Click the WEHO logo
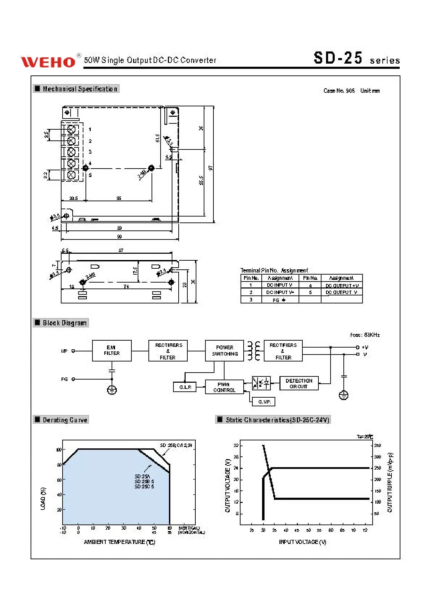[x=48, y=62]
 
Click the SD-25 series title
[x=356, y=58]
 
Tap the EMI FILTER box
[x=112, y=350]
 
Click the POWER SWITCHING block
[x=224, y=350]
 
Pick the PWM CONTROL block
[x=224, y=387]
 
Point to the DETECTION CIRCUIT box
[x=299, y=383]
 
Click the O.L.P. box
[x=185, y=387]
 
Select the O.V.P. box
[x=263, y=401]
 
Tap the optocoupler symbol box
[x=261, y=383]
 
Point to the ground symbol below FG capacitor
[x=112, y=390]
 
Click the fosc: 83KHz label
[x=365, y=335]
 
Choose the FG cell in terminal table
[x=280, y=300]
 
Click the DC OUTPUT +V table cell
[x=342, y=285]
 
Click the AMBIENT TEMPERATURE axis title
[x=119, y=542]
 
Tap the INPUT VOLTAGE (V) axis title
[x=302, y=542]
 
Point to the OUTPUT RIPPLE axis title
[x=390, y=482]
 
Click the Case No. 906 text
[x=339, y=91]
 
